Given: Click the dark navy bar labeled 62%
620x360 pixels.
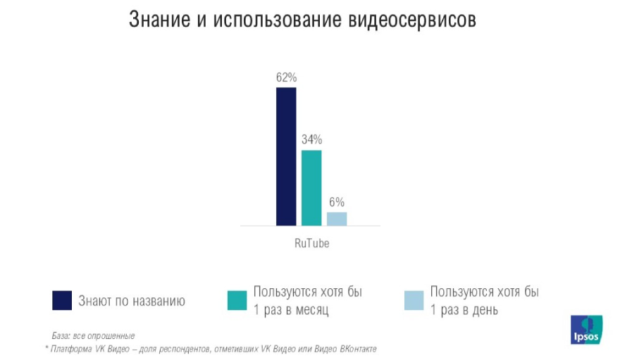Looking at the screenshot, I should tap(286, 156).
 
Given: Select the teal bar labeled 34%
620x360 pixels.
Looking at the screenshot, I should tap(311, 187).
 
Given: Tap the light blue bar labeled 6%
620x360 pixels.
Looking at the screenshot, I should tap(337, 218).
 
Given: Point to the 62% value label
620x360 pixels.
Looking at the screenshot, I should tap(286, 77).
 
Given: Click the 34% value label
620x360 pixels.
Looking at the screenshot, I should tap(311, 139).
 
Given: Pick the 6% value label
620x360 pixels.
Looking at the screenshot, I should tap(337, 202).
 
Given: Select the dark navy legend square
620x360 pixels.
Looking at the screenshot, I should tap(62, 301).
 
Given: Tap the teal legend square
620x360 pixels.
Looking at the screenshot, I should tap(237, 301).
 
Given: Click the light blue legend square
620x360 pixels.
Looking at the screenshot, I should tap(414, 301).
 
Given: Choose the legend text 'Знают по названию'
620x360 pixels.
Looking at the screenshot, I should tap(132, 302).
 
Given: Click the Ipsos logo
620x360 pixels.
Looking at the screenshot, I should tap(586, 329).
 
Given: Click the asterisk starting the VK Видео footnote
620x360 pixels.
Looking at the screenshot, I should tap(46, 348).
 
